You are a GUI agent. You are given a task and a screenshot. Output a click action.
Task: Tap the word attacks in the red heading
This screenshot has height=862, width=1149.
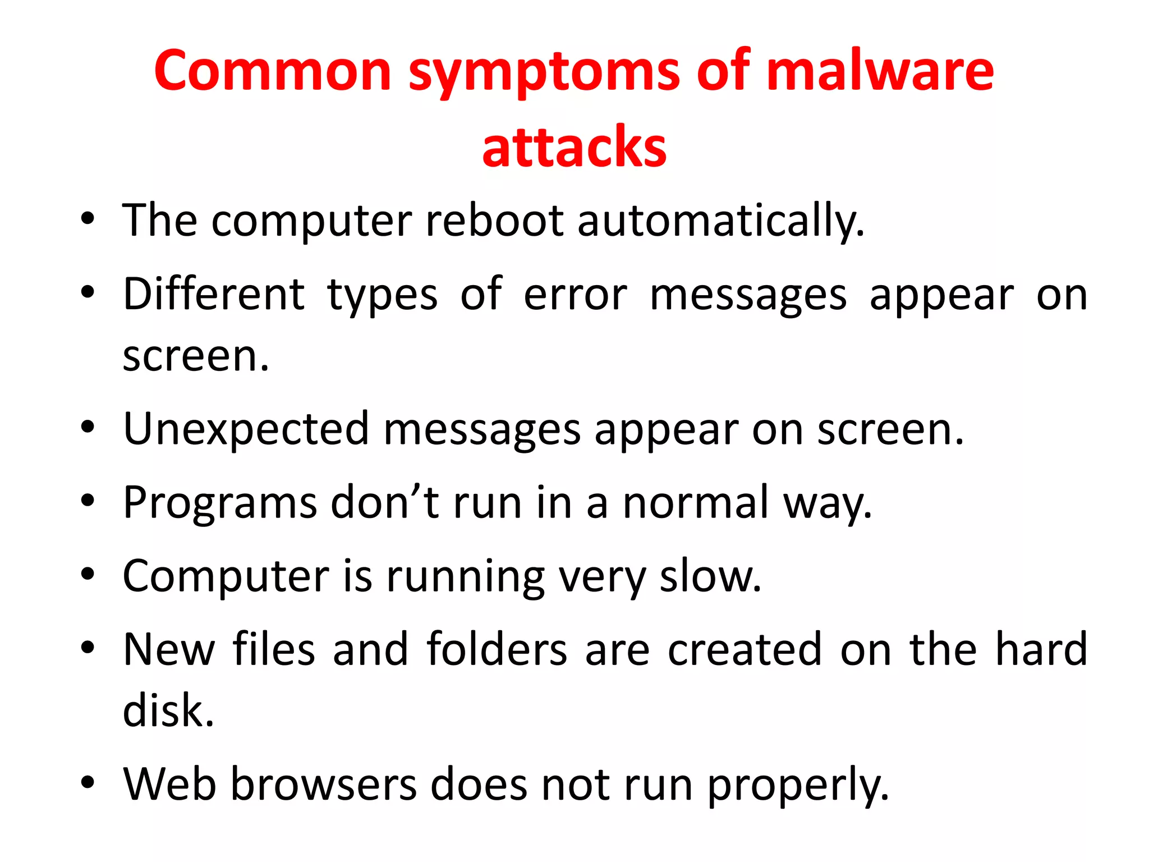(x=574, y=147)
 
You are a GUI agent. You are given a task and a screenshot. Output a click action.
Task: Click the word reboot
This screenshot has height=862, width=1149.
(x=494, y=220)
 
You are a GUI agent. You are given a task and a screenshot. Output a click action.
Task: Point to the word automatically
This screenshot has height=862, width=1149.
(x=721, y=221)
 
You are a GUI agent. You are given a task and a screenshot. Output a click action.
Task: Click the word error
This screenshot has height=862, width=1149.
(x=575, y=295)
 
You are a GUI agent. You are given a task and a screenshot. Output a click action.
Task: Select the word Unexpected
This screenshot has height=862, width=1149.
(x=246, y=430)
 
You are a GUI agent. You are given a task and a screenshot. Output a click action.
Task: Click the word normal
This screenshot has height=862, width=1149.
(x=696, y=502)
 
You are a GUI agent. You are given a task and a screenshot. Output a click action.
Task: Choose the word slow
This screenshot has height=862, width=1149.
(x=710, y=576)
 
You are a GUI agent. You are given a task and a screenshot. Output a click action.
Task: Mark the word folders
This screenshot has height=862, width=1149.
(x=497, y=649)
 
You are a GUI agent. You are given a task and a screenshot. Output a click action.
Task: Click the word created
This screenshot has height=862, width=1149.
(x=744, y=649)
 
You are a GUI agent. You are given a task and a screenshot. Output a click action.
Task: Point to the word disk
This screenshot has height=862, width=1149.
(x=168, y=710)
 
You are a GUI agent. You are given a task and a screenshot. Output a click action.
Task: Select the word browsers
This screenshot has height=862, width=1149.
(x=324, y=784)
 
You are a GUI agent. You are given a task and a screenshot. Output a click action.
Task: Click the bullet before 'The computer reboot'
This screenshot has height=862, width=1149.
(x=88, y=219)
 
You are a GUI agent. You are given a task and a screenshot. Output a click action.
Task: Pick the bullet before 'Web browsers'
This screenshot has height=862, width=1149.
(x=88, y=782)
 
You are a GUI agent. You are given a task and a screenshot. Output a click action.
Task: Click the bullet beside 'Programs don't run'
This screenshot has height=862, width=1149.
(x=88, y=501)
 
